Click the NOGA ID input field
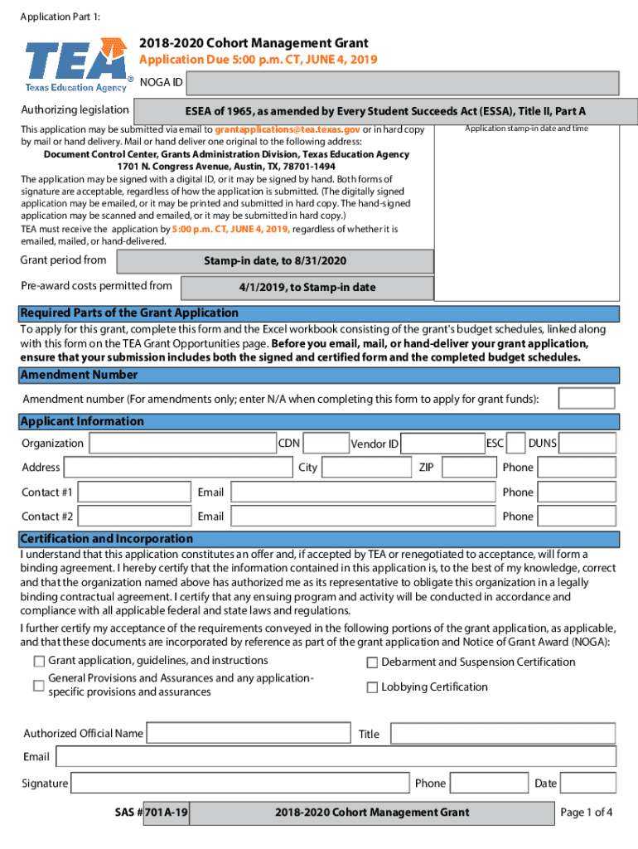pyautogui.click(x=403, y=84)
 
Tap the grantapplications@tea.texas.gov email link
pyautogui.click(x=287, y=130)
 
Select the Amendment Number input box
pyautogui.click(x=586, y=399)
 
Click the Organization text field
pyautogui.click(x=181, y=444)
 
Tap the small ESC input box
pyautogui.click(x=515, y=444)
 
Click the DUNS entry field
pyautogui.click(x=587, y=444)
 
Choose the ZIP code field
pyautogui.click(x=467, y=468)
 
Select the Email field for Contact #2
pyautogui.click(x=362, y=517)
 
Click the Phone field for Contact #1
pyautogui.click(x=577, y=492)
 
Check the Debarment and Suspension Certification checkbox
pyautogui.click(x=372, y=662)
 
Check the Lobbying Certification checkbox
pyautogui.click(x=372, y=687)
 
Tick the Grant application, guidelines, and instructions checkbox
pyautogui.click(x=39, y=662)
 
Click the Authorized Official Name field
pyautogui.click(x=248, y=734)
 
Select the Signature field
pyautogui.click(x=239, y=784)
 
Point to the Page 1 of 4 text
pyautogui.click(x=587, y=813)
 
